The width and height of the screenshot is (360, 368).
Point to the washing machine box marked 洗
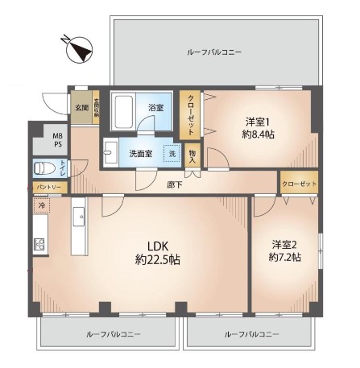172,153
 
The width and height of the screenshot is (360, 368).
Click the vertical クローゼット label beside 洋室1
191,118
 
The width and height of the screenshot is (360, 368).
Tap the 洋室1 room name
259,121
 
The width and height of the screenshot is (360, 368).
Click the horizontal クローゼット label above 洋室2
299,184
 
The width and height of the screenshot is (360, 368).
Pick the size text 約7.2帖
286,258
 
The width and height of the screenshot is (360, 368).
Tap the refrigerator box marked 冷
41,205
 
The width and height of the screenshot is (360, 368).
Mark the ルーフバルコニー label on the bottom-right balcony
252,333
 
